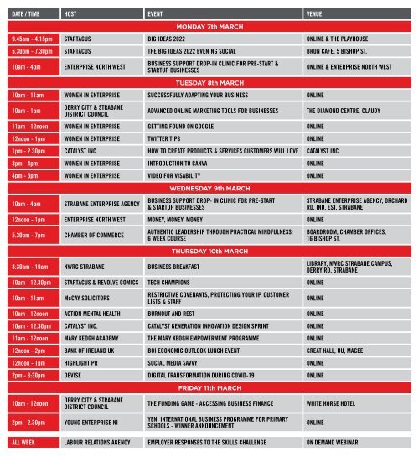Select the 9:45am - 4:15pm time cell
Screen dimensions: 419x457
pyautogui.click(x=31, y=39)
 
